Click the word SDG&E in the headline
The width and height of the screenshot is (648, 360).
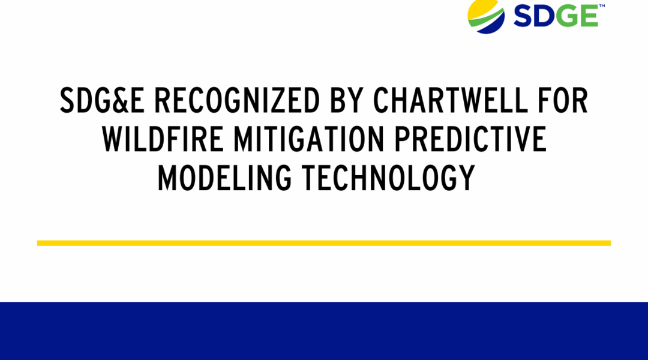(x=102, y=100)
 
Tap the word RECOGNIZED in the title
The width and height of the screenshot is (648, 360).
(x=237, y=100)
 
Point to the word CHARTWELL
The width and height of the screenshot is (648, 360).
(x=451, y=100)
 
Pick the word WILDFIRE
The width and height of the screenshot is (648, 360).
(x=163, y=139)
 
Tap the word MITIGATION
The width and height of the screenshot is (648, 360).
(x=309, y=139)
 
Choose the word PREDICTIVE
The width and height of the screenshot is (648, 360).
(x=471, y=139)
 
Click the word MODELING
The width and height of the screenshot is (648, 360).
(x=224, y=178)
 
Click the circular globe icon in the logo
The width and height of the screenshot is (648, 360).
(x=486, y=17)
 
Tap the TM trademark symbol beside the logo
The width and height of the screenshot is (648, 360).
(x=602, y=6)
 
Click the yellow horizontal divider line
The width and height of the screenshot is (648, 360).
(x=324, y=243)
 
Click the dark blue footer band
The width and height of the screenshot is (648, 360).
(x=324, y=331)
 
